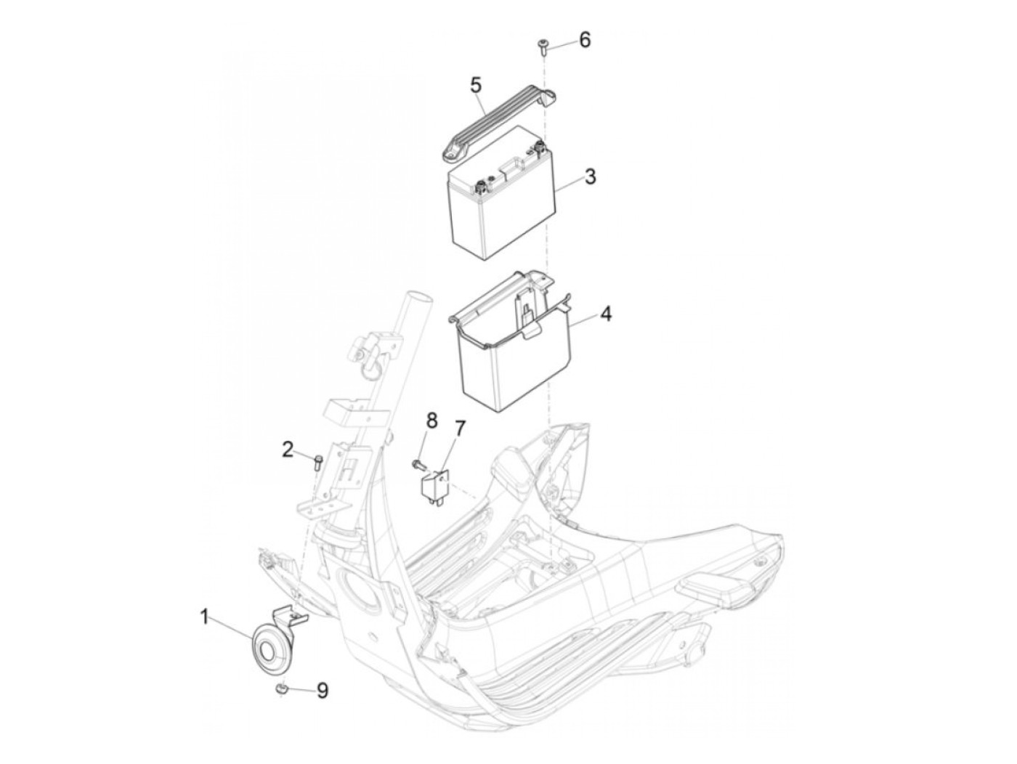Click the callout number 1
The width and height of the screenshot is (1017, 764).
pyautogui.click(x=204, y=617)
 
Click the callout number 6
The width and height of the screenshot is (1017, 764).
pyautogui.click(x=586, y=40)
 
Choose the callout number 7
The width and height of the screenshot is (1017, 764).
pyautogui.click(x=458, y=428)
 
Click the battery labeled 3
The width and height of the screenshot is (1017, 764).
pyautogui.click(x=501, y=195)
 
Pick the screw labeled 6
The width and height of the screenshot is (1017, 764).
pyautogui.click(x=543, y=48)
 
